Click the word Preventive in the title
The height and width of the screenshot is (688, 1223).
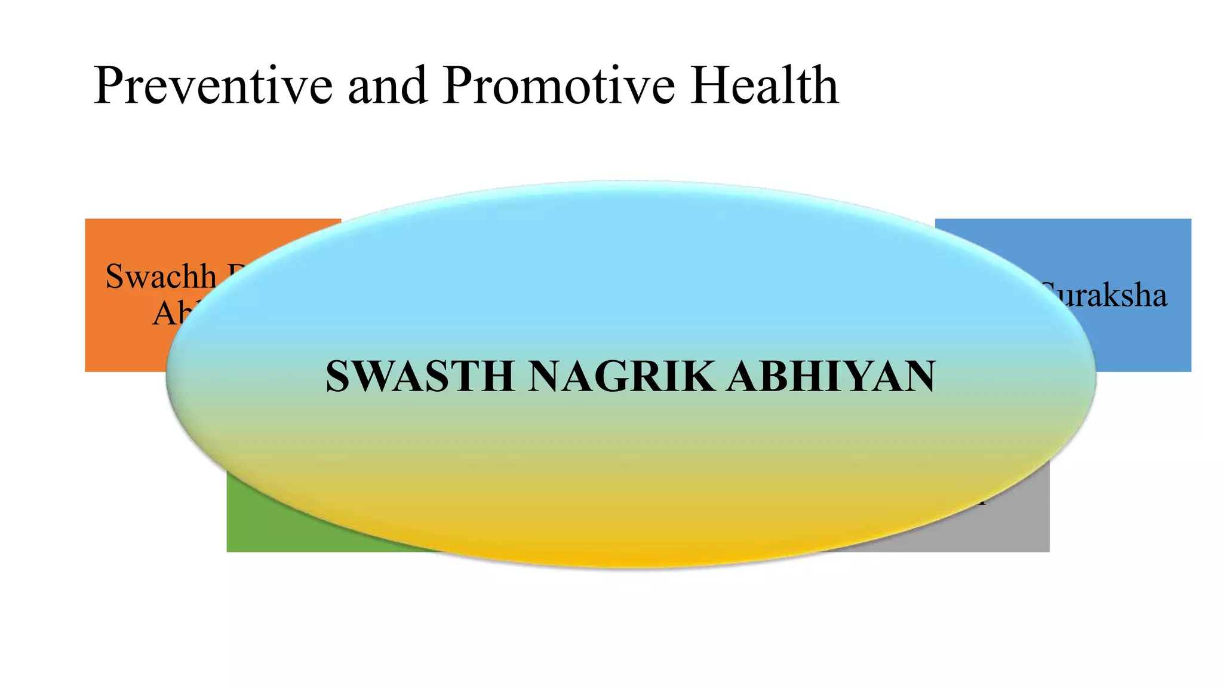point(212,86)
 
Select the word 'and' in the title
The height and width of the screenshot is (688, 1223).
point(387,86)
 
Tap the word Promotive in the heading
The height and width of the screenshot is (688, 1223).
point(558,86)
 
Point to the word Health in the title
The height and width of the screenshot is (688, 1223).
point(764,86)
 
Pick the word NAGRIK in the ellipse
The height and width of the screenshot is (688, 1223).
point(621,376)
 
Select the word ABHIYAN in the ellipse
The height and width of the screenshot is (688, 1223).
point(831,376)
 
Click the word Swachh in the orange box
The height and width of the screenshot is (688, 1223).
point(161,277)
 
